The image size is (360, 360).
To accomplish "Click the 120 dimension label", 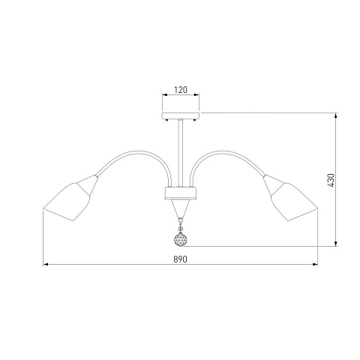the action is coord(181,90).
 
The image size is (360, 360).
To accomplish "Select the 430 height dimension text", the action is coord(331,180).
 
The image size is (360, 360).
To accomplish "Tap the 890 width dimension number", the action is coord(180,259).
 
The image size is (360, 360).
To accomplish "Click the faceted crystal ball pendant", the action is coord(180,240).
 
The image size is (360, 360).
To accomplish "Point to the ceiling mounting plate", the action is coord(181,115).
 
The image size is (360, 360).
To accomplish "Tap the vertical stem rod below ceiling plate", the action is coord(181,153).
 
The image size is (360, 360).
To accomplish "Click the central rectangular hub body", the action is coord(181,193).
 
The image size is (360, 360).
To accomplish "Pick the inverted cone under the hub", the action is coord(181,208).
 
